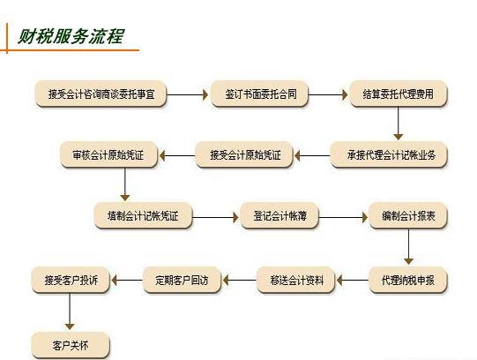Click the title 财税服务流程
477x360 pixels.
(71, 36)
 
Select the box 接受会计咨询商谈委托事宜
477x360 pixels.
(101, 94)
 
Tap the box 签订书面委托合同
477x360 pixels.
(259, 94)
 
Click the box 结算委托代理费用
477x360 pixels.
(399, 94)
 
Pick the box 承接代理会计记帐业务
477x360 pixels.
(389, 155)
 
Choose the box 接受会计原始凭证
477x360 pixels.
(244, 155)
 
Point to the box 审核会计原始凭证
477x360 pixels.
(108, 155)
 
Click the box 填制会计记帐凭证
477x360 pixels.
(143, 216)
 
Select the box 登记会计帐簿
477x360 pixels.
(279, 216)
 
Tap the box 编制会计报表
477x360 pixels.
(408, 216)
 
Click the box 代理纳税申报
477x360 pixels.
(408, 280)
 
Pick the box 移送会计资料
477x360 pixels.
(295, 280)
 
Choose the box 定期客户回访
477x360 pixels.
(182, 280)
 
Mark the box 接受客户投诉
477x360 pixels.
(71, 280)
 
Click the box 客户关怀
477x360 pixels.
(71, 345)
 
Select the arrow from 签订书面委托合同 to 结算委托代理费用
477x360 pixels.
(328, 94)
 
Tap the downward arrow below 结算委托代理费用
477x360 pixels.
(398, 124)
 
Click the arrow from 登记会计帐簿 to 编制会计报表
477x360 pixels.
(343, 217)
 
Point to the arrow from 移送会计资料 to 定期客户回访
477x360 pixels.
(240, 280)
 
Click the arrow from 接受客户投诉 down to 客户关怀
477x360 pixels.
(70, 311)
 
